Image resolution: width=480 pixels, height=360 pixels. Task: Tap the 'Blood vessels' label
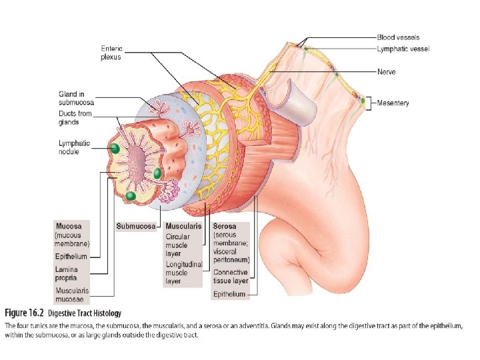point(398,37)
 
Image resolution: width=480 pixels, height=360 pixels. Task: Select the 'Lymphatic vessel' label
point(403,49)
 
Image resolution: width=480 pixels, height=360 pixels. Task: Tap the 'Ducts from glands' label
point(74,118)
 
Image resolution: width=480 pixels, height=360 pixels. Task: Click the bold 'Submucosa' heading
point(136,227)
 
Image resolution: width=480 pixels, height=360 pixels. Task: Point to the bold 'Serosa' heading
point(225,227)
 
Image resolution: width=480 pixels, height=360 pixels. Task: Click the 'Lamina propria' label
point(70,273)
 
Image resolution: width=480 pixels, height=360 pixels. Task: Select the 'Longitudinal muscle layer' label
point(183,273)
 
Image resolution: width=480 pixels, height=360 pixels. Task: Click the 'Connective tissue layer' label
point(230,277)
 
